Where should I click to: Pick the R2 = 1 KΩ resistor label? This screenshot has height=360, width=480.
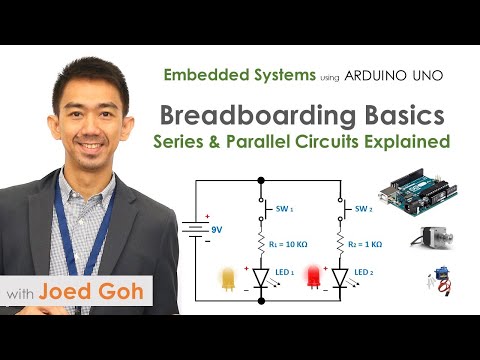tap(368, 243)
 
